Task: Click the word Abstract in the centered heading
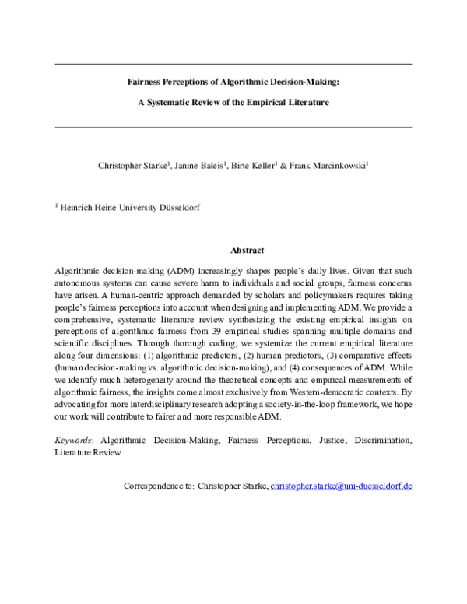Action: (248, 250)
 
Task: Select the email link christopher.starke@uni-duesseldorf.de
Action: (341, 486)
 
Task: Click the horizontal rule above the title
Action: (233, 63)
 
